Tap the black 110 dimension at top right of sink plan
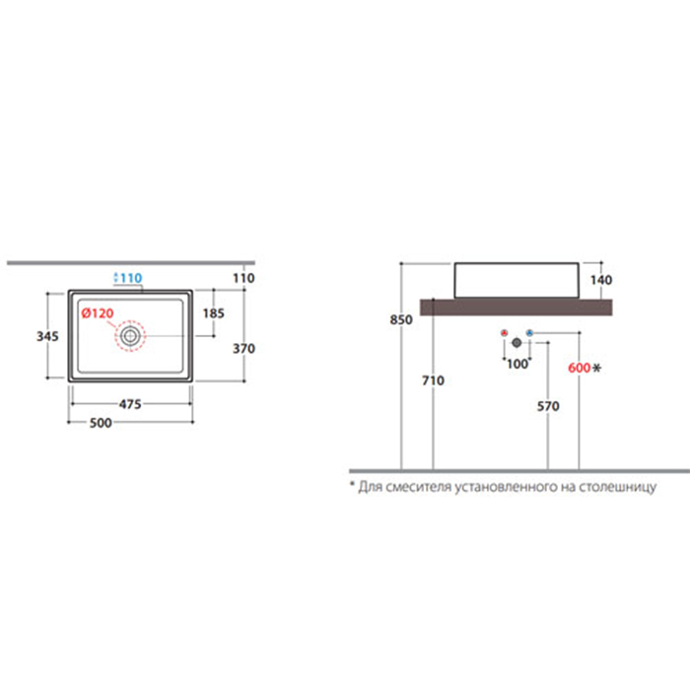[x=243, y=278]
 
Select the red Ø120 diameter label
[x=98, y=313]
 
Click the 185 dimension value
[x=214, y=313]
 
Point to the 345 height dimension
[x=47, y=336]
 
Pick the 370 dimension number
[x=243, y=349]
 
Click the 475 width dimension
[x=130, y=404]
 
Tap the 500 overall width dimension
[x=101, y=423]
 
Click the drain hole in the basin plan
[x=130, y=336]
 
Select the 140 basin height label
[x=601, y=280]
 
